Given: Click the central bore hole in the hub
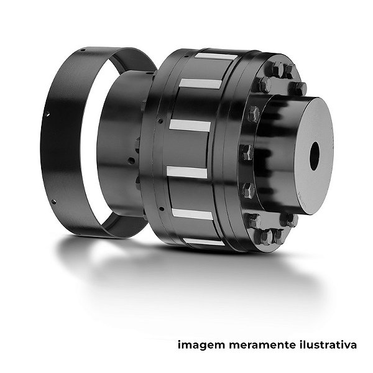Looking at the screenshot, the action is pos(315,156).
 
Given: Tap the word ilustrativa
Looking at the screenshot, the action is pos(328,344).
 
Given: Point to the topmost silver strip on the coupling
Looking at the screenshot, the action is pos(216,57).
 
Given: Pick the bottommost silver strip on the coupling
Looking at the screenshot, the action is pos(204,241).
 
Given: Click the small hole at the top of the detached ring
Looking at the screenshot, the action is pos(83,50).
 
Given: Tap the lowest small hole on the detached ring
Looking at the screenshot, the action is pos(53,202).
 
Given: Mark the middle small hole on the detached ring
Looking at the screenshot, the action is pos(47,114).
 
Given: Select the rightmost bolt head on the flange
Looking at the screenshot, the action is pos(298,88).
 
